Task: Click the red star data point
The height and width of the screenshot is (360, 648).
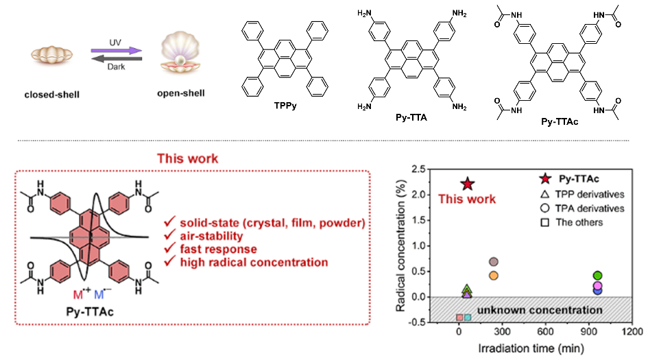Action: tap(468, 184)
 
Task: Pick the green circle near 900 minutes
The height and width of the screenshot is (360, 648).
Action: tap(597, 276)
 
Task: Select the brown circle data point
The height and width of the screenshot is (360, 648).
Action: tap(492, 262)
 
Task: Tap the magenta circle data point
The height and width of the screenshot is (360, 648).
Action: tap(597, 285)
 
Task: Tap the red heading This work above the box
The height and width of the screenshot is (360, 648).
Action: tap(187, 158)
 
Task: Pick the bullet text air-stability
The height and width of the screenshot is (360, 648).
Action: tap(215, 237)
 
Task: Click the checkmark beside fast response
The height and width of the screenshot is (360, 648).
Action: tap(169, 250)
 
